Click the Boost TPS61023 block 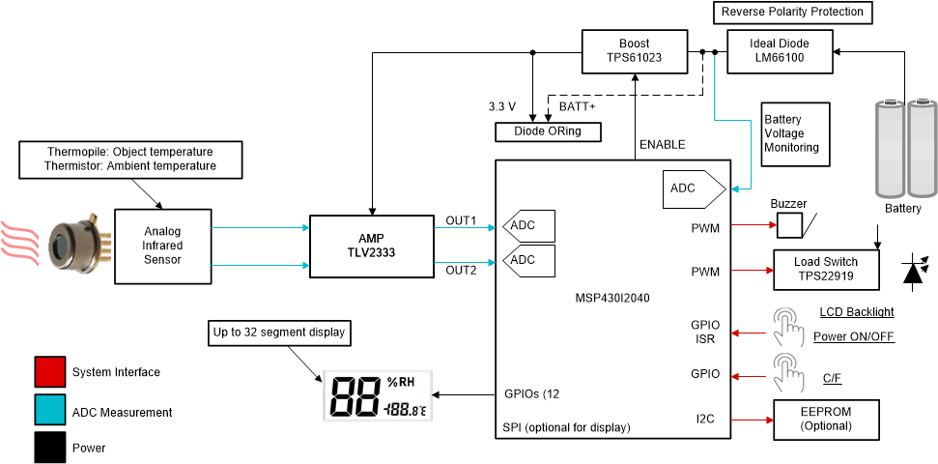click(x=634, y=49)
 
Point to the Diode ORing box click(x=547, y=131)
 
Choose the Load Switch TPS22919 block click(x=826, y=269)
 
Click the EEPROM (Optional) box click(x=826, y=418)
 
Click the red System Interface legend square click(x=49, y=372)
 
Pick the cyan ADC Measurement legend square click(x=49, y=412)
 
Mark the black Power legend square click(x=49, y=448)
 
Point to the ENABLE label click(x=662, y=145)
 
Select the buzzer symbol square click(x=790, y=225)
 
